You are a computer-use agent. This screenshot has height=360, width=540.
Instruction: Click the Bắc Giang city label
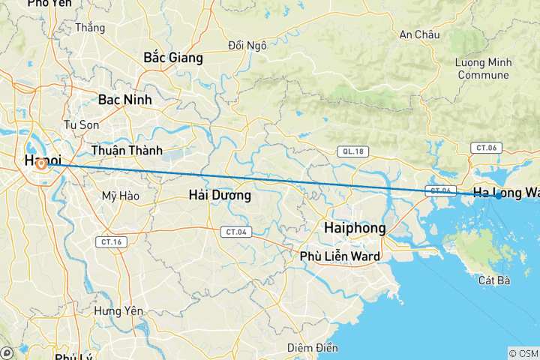click(x=173, y=57)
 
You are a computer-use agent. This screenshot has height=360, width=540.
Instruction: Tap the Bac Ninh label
click(x=124, y=99)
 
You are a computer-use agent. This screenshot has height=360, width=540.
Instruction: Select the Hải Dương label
click(x=220, y=195)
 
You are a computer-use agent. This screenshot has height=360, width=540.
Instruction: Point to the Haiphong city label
click(x=354, y=227)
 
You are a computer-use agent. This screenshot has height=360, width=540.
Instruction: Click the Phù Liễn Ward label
click(x=340, y=256)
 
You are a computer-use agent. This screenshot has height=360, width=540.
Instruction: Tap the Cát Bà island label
click(x=493, y=280)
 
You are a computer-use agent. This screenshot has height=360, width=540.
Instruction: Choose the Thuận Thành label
click(x=127, y=151)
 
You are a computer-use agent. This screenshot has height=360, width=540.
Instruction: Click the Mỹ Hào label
click(x=120, y=196)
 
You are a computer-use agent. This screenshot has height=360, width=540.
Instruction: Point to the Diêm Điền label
click(x=313, y=348)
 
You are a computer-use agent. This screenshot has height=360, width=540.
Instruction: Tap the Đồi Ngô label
click(x=247, y=46)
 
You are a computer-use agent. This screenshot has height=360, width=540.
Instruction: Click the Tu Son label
click(x=82, y=124)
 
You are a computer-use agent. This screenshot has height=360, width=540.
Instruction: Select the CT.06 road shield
click(x=484, y=148)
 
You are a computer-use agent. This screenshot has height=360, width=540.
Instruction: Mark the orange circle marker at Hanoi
click(x=39, y=163)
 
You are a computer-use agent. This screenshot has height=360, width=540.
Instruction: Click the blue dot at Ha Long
click(x=499, y=196)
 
